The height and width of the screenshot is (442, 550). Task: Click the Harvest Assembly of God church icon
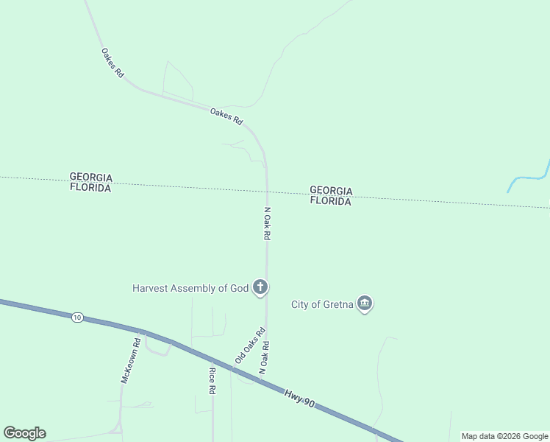(x=260, y=287)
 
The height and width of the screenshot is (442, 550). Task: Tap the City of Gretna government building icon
(x=365, y=304)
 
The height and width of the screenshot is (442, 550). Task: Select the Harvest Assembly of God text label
(x=190, y=288)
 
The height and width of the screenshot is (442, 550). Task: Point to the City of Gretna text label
(x=322, y=304)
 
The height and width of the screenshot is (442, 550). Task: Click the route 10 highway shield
(x=77, y=318)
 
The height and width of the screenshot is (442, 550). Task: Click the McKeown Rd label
(x=130, y=360)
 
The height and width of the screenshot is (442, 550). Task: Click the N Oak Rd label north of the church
(x=268, y=224)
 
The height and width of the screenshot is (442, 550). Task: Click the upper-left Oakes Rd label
(x=113, y=63)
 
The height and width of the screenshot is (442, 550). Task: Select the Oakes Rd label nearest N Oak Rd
(x=226, y=116)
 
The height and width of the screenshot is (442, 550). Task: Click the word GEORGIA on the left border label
(x=90, y=178)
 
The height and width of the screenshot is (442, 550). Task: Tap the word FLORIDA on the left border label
(x=90, y=188)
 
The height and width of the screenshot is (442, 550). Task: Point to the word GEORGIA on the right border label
(x=331, y=191)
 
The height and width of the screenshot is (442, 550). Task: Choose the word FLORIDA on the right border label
(x=330, y=201)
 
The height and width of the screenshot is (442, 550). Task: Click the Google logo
(x=24, y=433)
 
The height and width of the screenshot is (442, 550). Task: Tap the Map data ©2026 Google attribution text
(x=505, y=436)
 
